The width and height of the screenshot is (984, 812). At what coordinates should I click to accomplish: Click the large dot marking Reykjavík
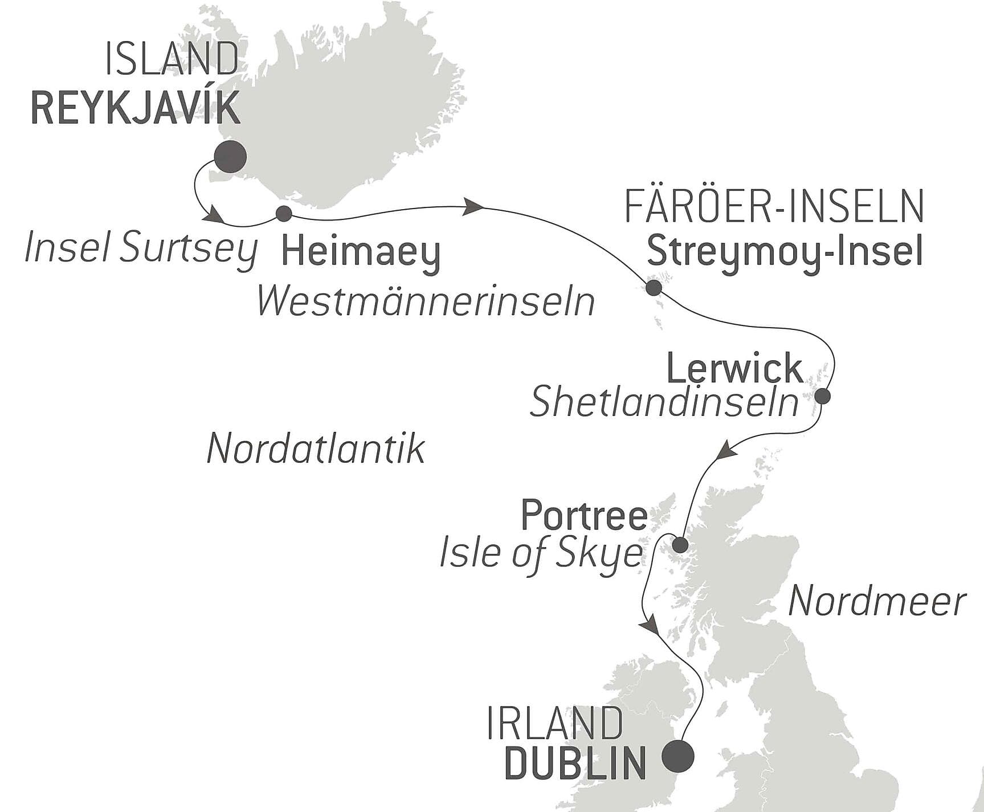click(x=230, y=157)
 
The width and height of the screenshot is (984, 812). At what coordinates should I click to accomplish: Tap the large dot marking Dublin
click(x=678, y=756)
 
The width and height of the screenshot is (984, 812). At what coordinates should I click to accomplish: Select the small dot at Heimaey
click(x=284, y=214)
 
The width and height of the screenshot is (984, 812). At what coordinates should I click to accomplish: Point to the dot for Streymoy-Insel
click(x=654, y=288)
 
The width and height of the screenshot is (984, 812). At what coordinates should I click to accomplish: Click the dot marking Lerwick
click(x=822, y=396)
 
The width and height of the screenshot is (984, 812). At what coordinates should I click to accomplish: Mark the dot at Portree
click(x=680, y=545)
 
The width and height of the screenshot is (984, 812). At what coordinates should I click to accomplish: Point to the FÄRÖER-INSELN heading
click(x=774, y=206)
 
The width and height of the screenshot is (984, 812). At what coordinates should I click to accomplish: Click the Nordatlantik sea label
click(x=316, y=449)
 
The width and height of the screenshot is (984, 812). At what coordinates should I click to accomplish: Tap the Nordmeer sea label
click(x=877, y=602)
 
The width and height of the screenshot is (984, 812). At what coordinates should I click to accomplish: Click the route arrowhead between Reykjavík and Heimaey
click(x=215, y=216)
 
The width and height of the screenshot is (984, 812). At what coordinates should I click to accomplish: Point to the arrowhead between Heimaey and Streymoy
click(x=473, y=207)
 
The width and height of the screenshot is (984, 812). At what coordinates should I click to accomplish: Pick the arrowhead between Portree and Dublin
click(x=650, y=626)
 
